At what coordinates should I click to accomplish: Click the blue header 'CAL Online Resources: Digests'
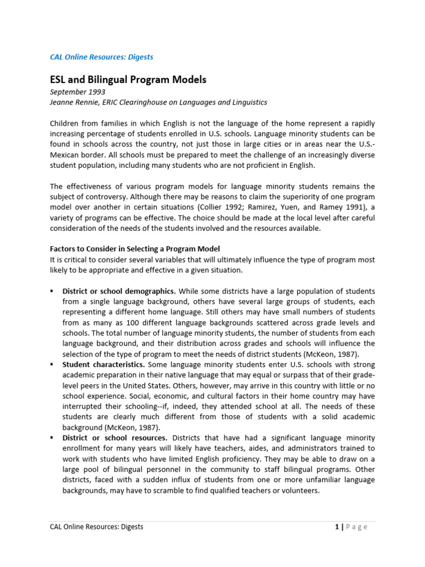coord(102,57)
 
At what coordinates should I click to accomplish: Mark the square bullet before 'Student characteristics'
coord(52,365)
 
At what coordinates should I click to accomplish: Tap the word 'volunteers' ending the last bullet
coord(299,491)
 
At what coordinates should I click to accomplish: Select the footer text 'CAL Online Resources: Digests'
coord(96,527)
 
